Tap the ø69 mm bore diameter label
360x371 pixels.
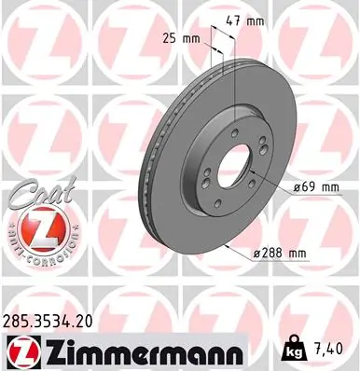click(314, 187)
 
